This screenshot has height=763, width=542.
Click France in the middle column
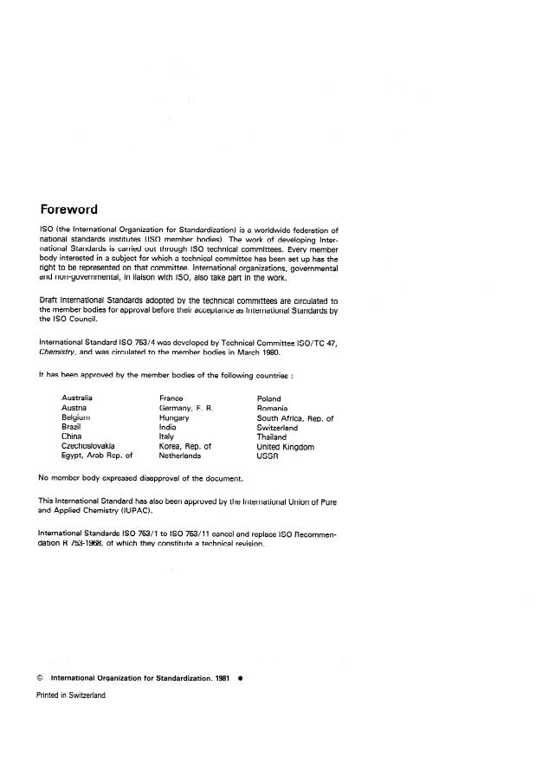tap(171, 398)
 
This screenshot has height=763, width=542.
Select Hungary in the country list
tap(174, 417)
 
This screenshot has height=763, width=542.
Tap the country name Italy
tap(166, 437)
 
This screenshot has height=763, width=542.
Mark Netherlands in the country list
tap(180, 456)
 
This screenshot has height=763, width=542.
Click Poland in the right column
tap(269, 398)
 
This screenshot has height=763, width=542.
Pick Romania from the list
tap(273, 408)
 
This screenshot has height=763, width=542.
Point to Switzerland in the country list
tap(277, 428)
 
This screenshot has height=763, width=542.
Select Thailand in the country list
tap(272, 437)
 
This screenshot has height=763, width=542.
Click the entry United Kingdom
tap(286, 447)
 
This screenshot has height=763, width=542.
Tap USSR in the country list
tap(268, 456)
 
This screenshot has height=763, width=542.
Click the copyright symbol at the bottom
tap(41, 679)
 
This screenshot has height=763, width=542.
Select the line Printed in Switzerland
tap(70, 696)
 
